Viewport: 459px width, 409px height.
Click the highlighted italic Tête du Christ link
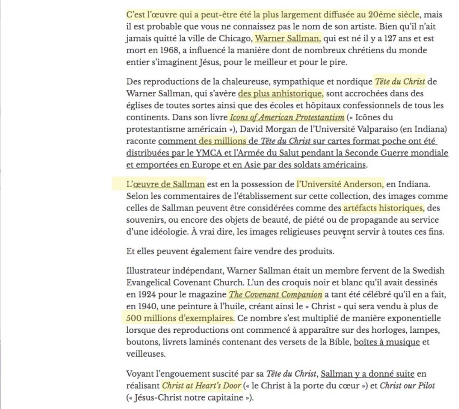pyautogui.click(x=400, y=82)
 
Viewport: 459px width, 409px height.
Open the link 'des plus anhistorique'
pyautogui.click(x=280, y=94)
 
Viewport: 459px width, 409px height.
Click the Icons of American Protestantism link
pyautogui.click(x=287, y=117)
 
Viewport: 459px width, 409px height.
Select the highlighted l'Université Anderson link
pyautogui.click(x=340, y=184)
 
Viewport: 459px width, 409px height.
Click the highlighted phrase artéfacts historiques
pyautogui.click(x=383, y=208)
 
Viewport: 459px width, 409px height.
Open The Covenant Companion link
pyautogui.click(x=275, y=295)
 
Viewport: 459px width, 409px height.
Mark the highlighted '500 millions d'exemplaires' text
pyautogui.click(x=180, y=319)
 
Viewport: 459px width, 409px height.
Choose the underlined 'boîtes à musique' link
pyautogui.click(x=387, y=343)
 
